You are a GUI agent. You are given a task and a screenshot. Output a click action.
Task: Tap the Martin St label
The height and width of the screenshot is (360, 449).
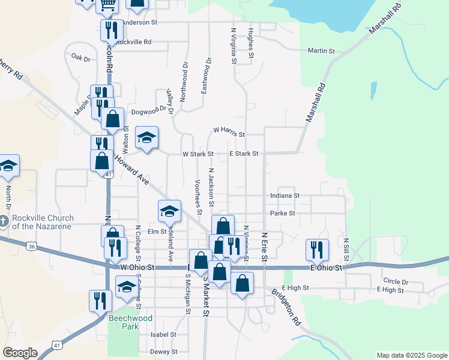click(x=321, y=51)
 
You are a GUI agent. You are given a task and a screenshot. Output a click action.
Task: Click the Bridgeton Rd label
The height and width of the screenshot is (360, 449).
click(x=285, y=308)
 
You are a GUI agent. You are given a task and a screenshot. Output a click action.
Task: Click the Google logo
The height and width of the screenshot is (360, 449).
click(x=20, y=353)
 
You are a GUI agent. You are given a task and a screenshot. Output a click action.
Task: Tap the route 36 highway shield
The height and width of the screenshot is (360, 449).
click(x=32, y=245)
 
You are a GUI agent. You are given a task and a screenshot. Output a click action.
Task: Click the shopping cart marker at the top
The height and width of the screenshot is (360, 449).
click(x=107, y=5)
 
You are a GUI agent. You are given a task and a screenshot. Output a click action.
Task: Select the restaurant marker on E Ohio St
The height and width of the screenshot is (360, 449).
click(x=316, y=249)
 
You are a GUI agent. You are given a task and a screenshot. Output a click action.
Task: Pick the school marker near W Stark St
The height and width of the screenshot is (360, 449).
click(x=146, y=137)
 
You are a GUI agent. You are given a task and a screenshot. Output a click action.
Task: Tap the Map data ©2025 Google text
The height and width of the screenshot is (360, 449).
click(x=411, y=355)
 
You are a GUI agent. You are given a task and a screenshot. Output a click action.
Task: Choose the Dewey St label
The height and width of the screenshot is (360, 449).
click(x=164, y=352)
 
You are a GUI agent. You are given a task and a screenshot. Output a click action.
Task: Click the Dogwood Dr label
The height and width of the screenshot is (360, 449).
click(x=148, y=109)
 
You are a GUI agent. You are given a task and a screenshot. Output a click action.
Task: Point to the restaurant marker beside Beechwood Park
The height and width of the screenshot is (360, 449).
click(x=100, y=300)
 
